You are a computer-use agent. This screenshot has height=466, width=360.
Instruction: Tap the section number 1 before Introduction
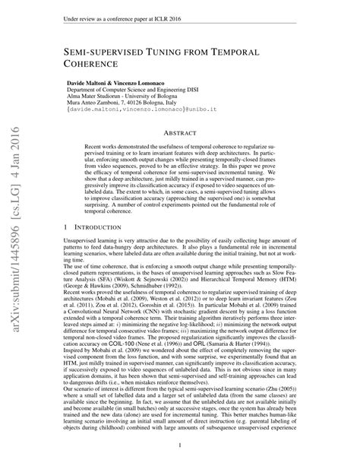point(68,227)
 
